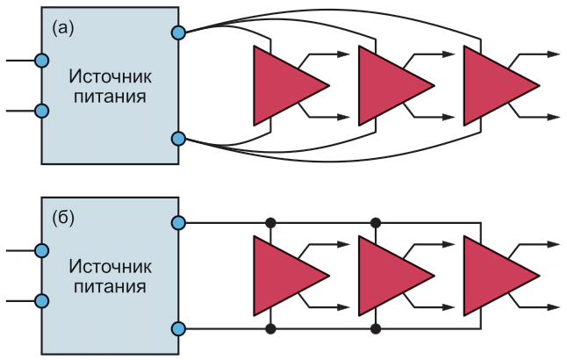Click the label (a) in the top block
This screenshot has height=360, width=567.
pyautogui.click(x=63, y=28)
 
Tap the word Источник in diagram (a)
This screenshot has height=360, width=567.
pyautogui.click(x=110, y=76)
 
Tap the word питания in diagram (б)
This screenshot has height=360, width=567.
pyautogui.click(x=110, y=286)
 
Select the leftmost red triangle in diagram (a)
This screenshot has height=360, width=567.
pyautogui.click(x=283, y=85)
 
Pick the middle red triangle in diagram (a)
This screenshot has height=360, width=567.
pyautogui.click(x=389, y=85)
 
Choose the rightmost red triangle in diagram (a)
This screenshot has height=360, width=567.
pyautogui.click(x=493, y=85)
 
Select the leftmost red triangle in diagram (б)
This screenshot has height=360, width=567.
pyautogui.click(x=283, y=275)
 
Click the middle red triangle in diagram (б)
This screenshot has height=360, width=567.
pyautogui.click(x=389, y=275)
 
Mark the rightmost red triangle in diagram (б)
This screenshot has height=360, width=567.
pyautogui.click(x=493, y=275)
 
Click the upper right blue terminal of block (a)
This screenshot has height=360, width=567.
pyautogui.click(x=178, y=32)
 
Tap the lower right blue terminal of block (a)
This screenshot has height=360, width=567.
pyautogui.click(x=178, y=138)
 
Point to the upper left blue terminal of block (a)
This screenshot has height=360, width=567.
pyautogui.click(x=40, y=60)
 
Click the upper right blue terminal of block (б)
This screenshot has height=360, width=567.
pyautogui.click(x=178, y=222)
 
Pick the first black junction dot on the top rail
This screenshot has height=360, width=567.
pyautogui.click(x=271, y=222)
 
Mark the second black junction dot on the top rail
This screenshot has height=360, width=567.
pyautogui.click(x=376, y=222)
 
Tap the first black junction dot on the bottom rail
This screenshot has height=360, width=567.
pyautogui.click(x=271, y=328)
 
